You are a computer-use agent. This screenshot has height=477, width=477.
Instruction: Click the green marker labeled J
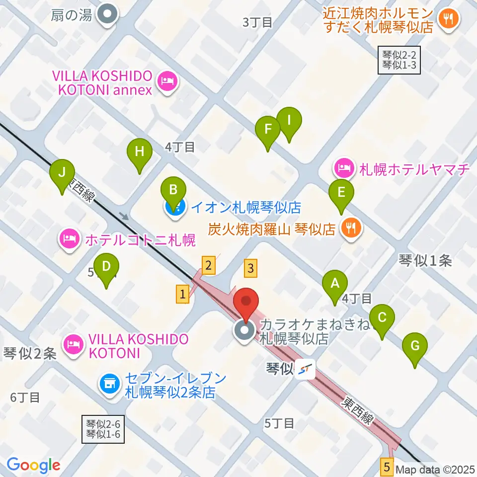click(62, 173)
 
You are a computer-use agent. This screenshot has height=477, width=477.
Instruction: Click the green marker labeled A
click(335, 285)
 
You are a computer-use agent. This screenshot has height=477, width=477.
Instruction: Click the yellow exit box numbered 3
click(251, 268)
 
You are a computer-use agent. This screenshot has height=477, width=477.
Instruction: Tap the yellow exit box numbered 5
click(388, 467)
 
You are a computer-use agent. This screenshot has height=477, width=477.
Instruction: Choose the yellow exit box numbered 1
click(183, 294)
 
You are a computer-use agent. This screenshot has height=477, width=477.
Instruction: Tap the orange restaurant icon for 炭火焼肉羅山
click(352, 229)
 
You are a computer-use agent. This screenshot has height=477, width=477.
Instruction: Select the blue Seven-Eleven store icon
click(110, 383)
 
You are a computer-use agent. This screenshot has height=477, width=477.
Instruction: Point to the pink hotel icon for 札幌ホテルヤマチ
click(343, 169)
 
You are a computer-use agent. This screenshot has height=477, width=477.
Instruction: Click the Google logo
click(33, 465)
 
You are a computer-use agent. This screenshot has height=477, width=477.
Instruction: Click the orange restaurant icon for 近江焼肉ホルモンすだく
click(449, 20)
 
